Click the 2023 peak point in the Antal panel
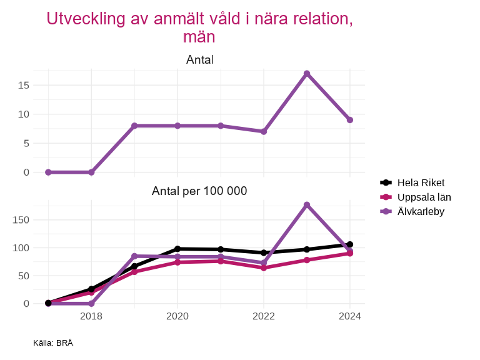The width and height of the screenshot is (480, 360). click(x=307, y=74)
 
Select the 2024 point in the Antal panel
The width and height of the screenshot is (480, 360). click(x=350, y=120)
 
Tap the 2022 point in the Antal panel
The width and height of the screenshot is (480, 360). click(x=264, y=132)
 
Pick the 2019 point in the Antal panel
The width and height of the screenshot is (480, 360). click(x=134, y=126)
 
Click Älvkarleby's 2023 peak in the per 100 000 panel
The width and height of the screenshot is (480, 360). click(x=307, y=205)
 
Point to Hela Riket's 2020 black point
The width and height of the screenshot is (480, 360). click(x=177, y=249)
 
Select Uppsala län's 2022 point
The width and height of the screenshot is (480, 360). click(x=264, y=267)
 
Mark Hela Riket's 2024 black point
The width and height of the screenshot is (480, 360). click(x=350, y=244)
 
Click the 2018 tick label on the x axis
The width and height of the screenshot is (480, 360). click(x=91, y=316)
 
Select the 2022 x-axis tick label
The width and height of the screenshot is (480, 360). click(x=264, y=316)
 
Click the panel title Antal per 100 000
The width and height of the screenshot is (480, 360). click(x=199, y=191)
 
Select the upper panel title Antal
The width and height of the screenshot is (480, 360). click(x=199, y=60)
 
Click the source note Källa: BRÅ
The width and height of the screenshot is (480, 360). click(x=53, y=343)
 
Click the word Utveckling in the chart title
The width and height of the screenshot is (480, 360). click(x=80, y=19)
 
